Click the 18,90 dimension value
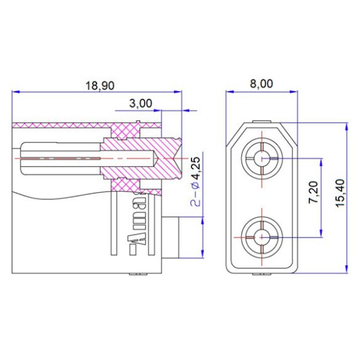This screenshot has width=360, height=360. coord(98,86)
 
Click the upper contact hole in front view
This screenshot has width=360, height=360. coord(261,159)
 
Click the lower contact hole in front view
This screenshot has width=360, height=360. coord(261,236)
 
